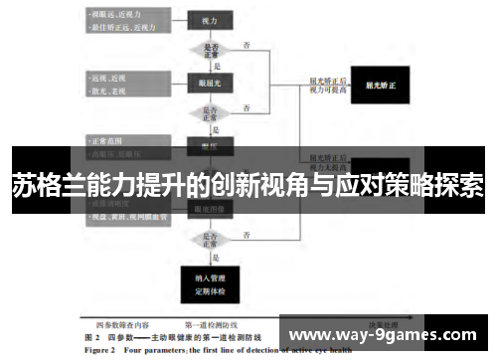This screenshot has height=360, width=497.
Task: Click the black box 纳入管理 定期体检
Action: click(x=210, y=282)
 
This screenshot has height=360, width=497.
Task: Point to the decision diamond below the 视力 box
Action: click(x=211, y=50)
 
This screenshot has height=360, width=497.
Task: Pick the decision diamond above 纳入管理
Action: click(x=211, y=240)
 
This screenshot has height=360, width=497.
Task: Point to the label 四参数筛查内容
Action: click(x=125, y=325)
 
